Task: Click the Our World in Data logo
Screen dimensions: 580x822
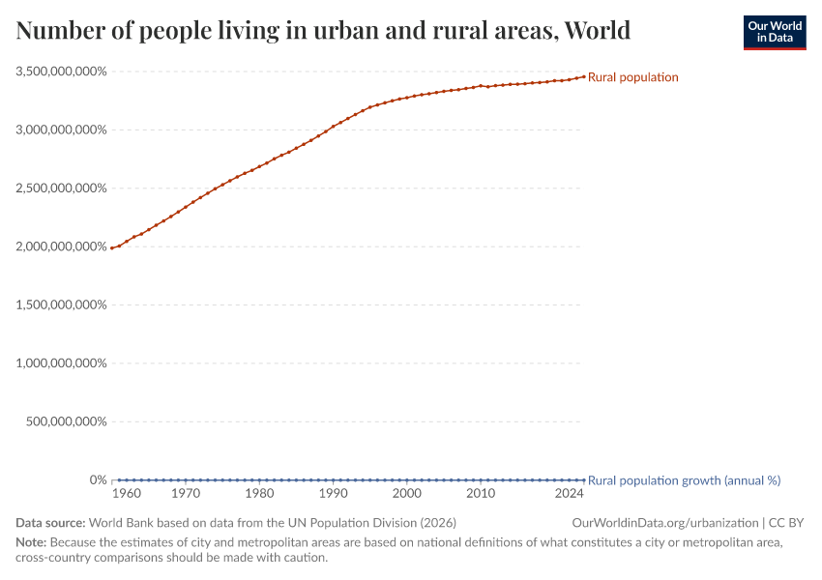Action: click(x=774, y=32)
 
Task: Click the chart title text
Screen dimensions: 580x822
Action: click(x=323, y=31)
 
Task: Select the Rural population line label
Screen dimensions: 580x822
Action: click(x=632, y=77)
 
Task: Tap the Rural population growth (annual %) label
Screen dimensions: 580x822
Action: click(x=684, y=480)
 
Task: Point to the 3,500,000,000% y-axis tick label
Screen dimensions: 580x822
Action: click(x=61, y=72)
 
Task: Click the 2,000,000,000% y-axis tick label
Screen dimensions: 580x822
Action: click(x=61, y=246)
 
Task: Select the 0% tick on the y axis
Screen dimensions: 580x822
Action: click(x=98, y=480)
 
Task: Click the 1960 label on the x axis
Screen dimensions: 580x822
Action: click(x=127, y=494)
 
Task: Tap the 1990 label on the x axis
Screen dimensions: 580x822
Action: click(x=334, y=494)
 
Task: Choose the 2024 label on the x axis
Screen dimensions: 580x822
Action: click(x=569, y=494)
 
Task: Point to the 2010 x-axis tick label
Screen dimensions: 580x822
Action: click(x=481, y=494)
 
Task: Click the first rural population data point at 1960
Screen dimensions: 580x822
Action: click(x=112, y=248)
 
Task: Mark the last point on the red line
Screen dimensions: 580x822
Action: click(x=583, y=75)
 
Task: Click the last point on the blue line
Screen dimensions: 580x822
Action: click(x=583, y=480)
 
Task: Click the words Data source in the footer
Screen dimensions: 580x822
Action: click(x=50, y=523)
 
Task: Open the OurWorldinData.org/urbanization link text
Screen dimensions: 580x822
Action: click(x=665, y=523)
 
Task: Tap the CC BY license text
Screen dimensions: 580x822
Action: click(x=786, y=523)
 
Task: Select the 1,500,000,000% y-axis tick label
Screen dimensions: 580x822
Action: click(x=61, y=304)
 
